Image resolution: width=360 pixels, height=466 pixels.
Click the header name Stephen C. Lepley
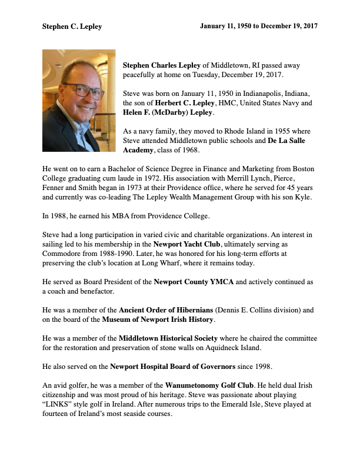click(72, 26)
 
